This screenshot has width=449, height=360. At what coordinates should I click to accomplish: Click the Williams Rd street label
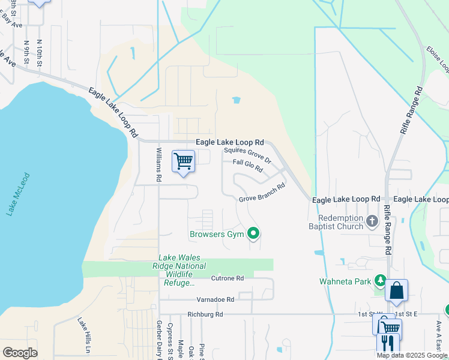pyautogui.click(x=159, y=165)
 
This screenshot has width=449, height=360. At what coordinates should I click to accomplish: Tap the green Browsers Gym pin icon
pyautogui.click(x=254, y=233)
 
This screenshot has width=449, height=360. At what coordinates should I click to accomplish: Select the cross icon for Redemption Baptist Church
pyautogui.click(x=372, y=222)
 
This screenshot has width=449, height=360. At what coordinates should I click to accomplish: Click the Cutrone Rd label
pyautogui.click(x=228, y=278)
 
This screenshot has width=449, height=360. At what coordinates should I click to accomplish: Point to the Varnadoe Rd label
pyautogui.click(x=214, y=299)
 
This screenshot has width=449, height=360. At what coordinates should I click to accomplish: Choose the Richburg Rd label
pyautogui.click(x=205, y=314)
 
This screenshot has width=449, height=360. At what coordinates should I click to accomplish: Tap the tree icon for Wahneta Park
pyautogui.click(x=379, y=280)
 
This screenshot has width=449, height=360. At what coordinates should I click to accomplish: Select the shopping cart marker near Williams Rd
pyautogui.click(x=183, y=161)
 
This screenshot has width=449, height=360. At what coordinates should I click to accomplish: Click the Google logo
pyautogui.click(x=20, y=352)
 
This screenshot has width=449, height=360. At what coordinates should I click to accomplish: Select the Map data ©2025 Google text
pyautogui.click(x=412, y=355)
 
